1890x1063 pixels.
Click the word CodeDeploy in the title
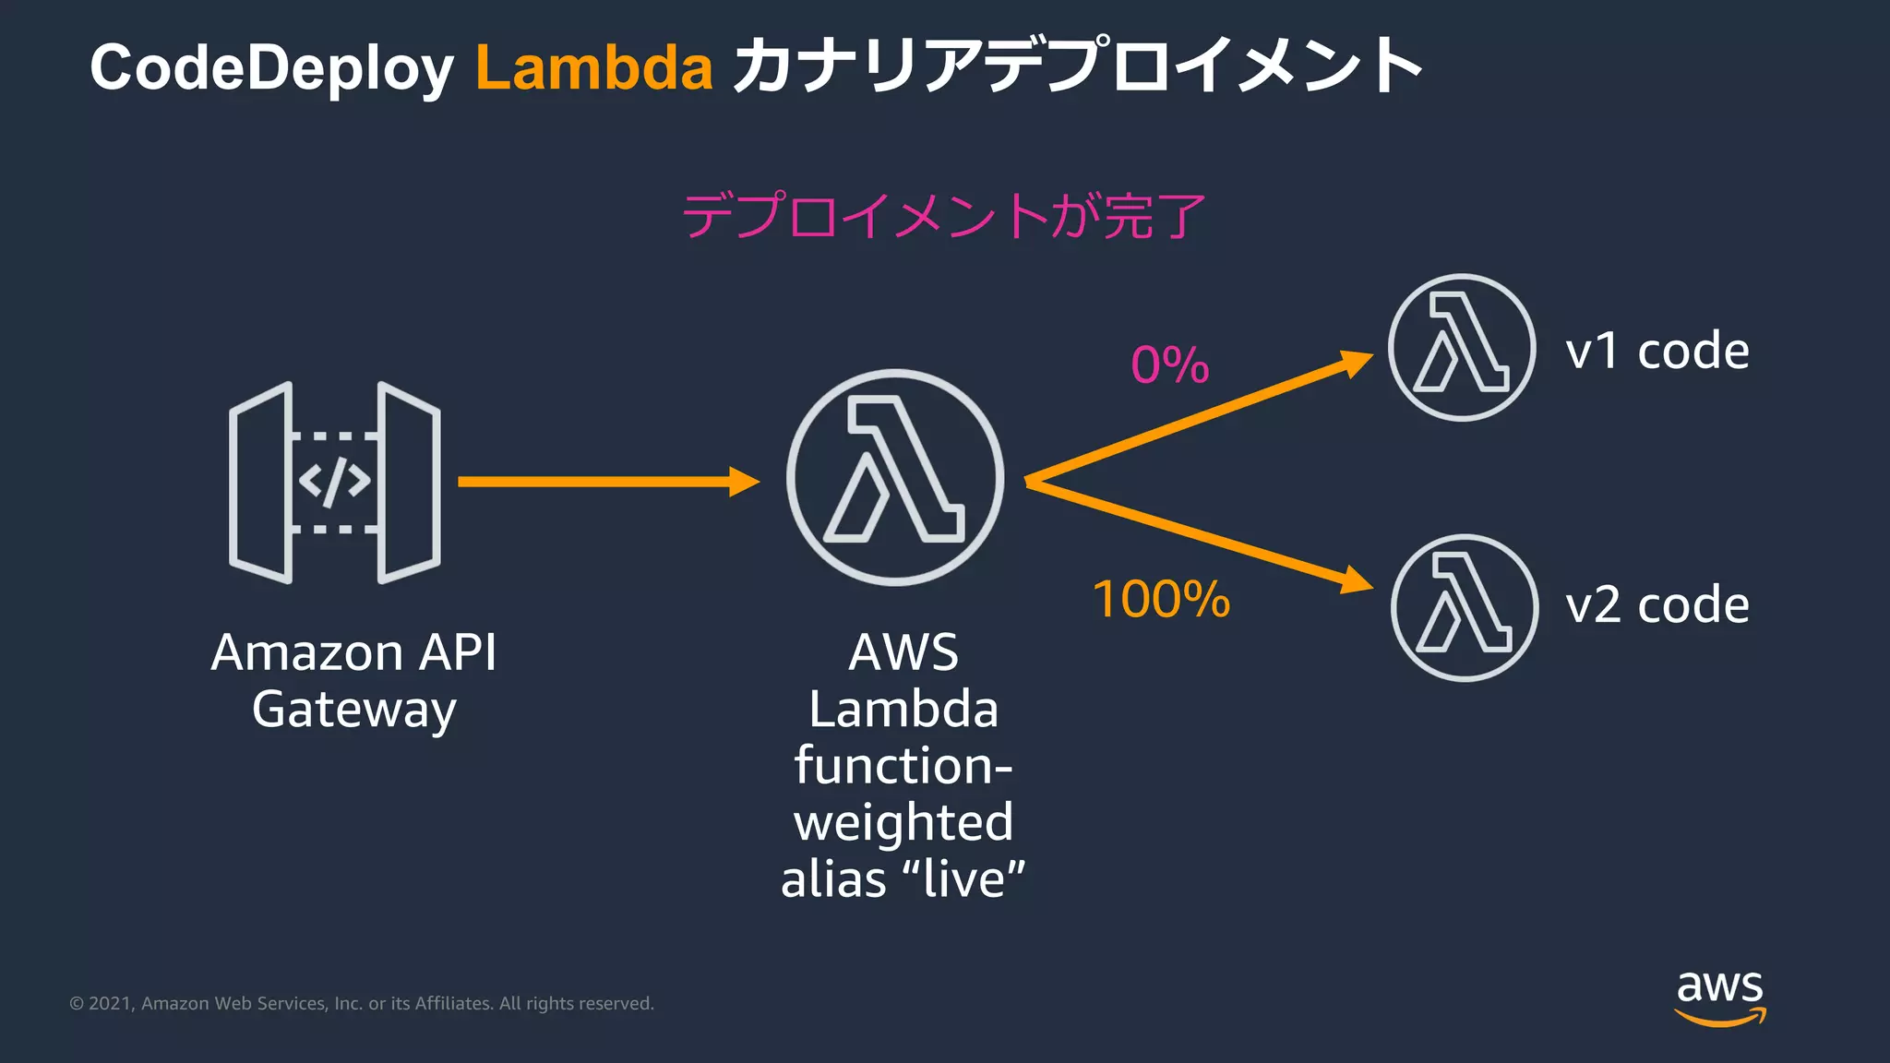(x=271, y=68)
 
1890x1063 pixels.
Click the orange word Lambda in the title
(x=593, y=68)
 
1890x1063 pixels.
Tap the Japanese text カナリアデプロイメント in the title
(x=1077, y=66)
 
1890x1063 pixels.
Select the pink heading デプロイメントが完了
(x=943, y=217)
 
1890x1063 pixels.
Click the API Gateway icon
(x=334, y=483)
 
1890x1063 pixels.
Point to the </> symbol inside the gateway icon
(x=334, y=482)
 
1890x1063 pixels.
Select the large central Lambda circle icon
(x=894, y=477)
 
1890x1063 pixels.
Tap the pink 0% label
(x=1169, y=365)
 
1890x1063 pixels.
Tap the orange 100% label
(x=1161, y=600)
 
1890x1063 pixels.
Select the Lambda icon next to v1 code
(x=1462, y=348)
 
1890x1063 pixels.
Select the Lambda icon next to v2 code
(x=1465, y=608)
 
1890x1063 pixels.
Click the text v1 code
(x=1657, y=352)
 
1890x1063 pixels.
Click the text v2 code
(x=1657, y=605)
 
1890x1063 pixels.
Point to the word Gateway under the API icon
(x=353, y=711)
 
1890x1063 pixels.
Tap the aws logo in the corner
(x=1719, y=996)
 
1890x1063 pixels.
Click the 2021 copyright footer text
(x=361, y=1003)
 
